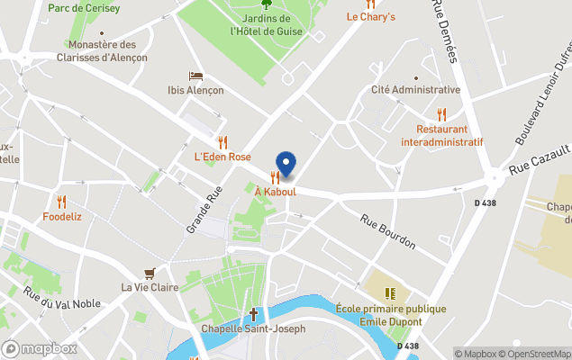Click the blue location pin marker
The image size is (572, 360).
coord(286,164)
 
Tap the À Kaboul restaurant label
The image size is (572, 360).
coord(276,192)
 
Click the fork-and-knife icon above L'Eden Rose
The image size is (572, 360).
coord(222,142)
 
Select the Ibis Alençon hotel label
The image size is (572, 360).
coord(195,90)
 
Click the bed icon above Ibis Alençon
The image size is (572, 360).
coord(195,76)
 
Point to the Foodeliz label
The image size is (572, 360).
coord(62,216)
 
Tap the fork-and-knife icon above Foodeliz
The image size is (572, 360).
coord(61,202)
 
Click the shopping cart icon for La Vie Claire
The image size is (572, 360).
coord(150,273)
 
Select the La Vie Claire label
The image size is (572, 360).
coord(150,287)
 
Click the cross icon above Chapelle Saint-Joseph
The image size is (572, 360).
coord(253,314)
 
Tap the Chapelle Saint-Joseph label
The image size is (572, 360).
coord(253,328)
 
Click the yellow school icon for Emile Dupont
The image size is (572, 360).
coord(390,293)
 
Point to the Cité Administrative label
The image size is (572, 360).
coord(415,90)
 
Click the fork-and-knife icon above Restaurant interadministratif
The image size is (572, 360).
coord(441,114)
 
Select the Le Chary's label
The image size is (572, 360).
coord(371,16)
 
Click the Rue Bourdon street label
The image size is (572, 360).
coord(388,230)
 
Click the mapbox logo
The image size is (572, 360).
coord(40,348)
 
